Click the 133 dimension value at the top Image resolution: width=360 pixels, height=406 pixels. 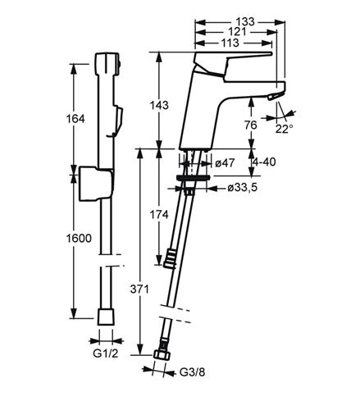[x=245, y=21]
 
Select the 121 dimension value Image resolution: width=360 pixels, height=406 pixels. [x=237, y=32]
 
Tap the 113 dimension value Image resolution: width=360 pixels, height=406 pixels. [x=230, y=43]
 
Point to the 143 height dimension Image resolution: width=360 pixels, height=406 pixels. [x=159, y=105]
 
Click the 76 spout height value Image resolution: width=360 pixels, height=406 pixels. [x=251, y=125]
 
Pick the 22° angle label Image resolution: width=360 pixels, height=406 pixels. [x=284, y=129]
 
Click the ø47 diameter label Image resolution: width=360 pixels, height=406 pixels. [x=225, y=163]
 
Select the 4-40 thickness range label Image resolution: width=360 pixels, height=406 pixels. [x=264, y=162]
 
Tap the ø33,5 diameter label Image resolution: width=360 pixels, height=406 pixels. [x=243, y=188]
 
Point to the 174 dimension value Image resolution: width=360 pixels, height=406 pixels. [x=159, y=215]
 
